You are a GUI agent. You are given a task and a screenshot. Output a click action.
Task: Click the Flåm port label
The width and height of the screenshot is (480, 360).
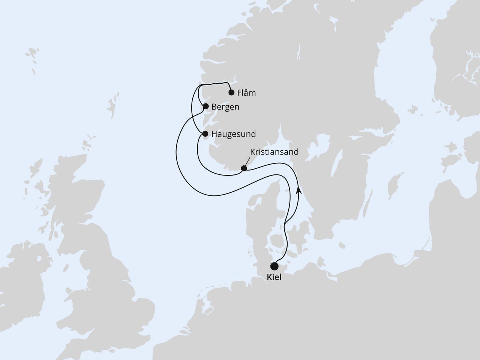[x=246, y=93]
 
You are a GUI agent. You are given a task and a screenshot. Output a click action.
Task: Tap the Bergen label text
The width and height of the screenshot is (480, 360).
[x=225, y=107]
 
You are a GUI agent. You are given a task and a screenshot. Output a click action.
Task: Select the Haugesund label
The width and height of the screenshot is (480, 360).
[x=234, y=134]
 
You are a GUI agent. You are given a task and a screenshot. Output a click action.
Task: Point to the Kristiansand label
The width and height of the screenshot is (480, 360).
[x=274, y=152]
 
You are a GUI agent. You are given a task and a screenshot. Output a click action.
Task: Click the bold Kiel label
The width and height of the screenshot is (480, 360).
[x=275, y=278]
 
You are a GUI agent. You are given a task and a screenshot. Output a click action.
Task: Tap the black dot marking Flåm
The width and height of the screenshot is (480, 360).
[x=231, y=92]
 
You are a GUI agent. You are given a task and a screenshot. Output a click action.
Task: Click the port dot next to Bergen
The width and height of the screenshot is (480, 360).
[x=205, y=106]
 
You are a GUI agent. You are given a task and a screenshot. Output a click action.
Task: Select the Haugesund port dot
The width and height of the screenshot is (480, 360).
[x=205, y=133]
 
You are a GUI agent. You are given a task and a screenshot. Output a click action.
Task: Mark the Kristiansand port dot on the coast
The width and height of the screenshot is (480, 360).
[x=244, y=168]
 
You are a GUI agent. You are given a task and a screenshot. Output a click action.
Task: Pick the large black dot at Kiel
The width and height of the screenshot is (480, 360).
[x=274, y=266]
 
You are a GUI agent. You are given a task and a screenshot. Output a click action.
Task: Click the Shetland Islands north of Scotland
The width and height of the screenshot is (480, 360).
[x=111, y=107]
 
